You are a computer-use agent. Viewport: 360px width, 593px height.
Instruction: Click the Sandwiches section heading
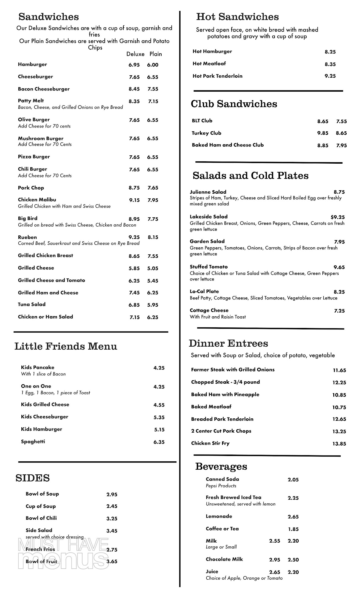click(49, 17)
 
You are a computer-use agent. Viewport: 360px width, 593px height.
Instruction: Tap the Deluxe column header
click(135, 54)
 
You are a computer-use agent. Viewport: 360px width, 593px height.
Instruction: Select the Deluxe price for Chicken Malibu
click(134, 200)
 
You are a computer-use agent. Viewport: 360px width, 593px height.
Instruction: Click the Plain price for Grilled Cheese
click(153, 268)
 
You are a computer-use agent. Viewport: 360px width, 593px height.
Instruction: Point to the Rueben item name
click(28, 237)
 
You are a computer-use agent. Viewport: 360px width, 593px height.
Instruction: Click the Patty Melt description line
click(70, 107)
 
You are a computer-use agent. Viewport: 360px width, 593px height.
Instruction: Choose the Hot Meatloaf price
click(330, 64)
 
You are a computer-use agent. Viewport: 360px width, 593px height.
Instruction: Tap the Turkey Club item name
click(206, 133)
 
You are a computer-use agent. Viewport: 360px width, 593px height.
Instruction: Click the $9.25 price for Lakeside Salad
click(337, 217)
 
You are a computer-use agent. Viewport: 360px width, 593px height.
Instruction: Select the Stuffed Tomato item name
click(209, 267)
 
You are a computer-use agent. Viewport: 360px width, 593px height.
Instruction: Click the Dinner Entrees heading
click(228, 343)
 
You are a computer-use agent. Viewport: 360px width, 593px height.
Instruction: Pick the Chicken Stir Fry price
click(339, 444)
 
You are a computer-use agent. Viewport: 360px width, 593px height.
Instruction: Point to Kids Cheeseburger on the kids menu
click(44, 417)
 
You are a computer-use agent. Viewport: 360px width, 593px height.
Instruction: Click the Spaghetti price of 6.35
click(159, 442)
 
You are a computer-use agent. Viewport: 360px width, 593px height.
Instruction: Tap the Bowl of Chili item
click(41, 518)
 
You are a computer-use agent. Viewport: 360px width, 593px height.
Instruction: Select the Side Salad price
click(112, 531)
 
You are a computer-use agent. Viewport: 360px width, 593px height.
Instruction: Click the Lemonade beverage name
click(219, 516)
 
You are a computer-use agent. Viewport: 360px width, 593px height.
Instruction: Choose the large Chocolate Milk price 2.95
click(275, 559)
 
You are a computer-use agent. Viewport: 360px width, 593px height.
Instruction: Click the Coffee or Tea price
click(293, 529)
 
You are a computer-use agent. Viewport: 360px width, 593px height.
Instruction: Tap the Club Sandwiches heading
click(234, 104)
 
